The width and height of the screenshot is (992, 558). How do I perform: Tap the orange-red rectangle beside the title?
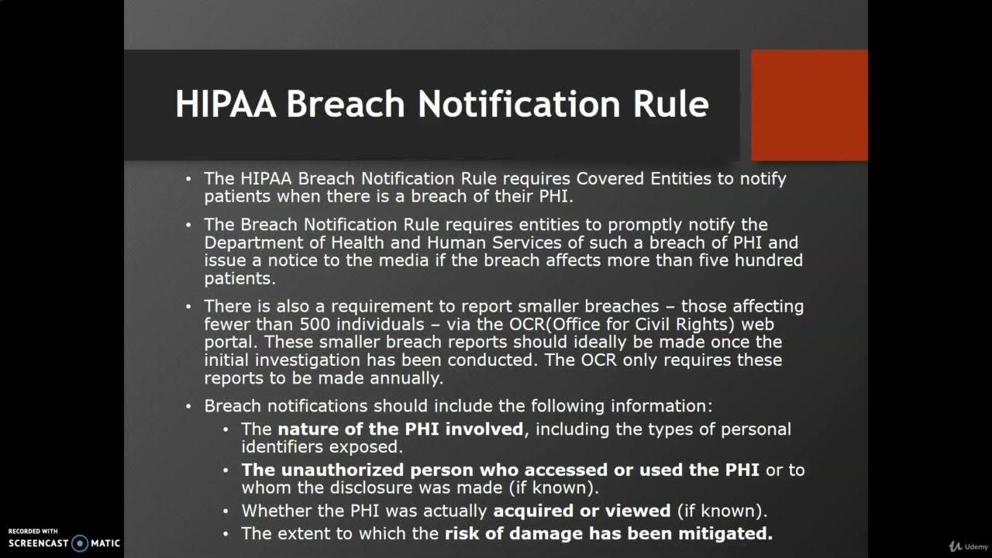tap(809, 105)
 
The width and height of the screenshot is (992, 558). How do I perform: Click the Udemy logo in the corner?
tap(966, 546)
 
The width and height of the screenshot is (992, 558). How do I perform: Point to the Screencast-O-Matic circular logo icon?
tap(80, 543)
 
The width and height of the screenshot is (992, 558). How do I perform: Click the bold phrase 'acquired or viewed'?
tap(582, 511)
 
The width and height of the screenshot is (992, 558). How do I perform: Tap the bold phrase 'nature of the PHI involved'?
tap(401, 429)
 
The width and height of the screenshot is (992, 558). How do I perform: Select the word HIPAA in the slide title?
tap(226, 104)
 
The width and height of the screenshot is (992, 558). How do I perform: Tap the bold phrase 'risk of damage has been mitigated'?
tap(608, 533)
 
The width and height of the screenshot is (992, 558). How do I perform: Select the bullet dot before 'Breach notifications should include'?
tap(188, 406)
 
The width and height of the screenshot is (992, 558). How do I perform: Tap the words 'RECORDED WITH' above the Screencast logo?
tap(33, 531)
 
